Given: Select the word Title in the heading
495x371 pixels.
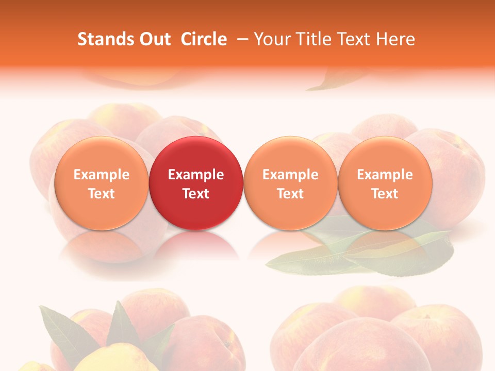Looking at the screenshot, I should coord(311,39).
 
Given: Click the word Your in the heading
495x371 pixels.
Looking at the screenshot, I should coord(271,39).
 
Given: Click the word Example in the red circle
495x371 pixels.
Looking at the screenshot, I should coord(196,175).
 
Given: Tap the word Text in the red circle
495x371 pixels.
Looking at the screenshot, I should coord(196,194).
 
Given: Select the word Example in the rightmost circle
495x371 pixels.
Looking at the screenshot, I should coord(385,175).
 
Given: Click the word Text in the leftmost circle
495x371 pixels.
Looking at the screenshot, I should coord(101,194).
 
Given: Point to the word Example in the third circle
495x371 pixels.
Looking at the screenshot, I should coord(290,175).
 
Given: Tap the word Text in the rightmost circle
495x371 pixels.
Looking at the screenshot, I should coord(385,194).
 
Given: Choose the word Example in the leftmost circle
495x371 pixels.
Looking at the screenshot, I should coord(101,175).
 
